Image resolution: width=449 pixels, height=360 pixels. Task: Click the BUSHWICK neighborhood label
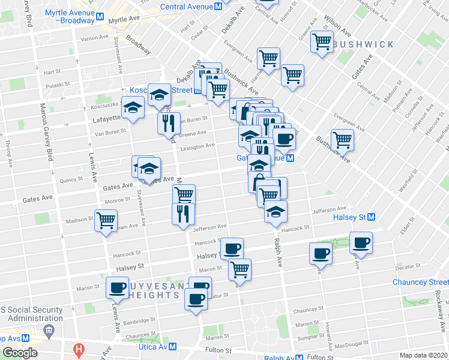[x=364, y=44]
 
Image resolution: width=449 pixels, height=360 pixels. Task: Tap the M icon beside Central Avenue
[x=218, y=7]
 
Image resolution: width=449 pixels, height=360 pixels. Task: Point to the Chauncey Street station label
[x=420, y=282]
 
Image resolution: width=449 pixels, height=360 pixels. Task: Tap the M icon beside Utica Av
[x=172, y=347]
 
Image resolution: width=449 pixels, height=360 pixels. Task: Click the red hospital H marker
[x=77, y=349]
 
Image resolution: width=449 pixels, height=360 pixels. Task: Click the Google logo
[x=20, y=353]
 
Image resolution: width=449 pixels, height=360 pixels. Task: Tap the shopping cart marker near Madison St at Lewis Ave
[x=106, y=220]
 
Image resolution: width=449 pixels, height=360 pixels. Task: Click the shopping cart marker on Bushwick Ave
[x=342, y=139]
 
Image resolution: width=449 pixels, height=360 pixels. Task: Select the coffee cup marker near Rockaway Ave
[x=361, y=242]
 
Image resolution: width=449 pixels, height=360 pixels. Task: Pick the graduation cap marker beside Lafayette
[x=133, y=107]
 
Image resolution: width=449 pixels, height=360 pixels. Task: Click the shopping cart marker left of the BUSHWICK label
[x=322, y=42]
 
